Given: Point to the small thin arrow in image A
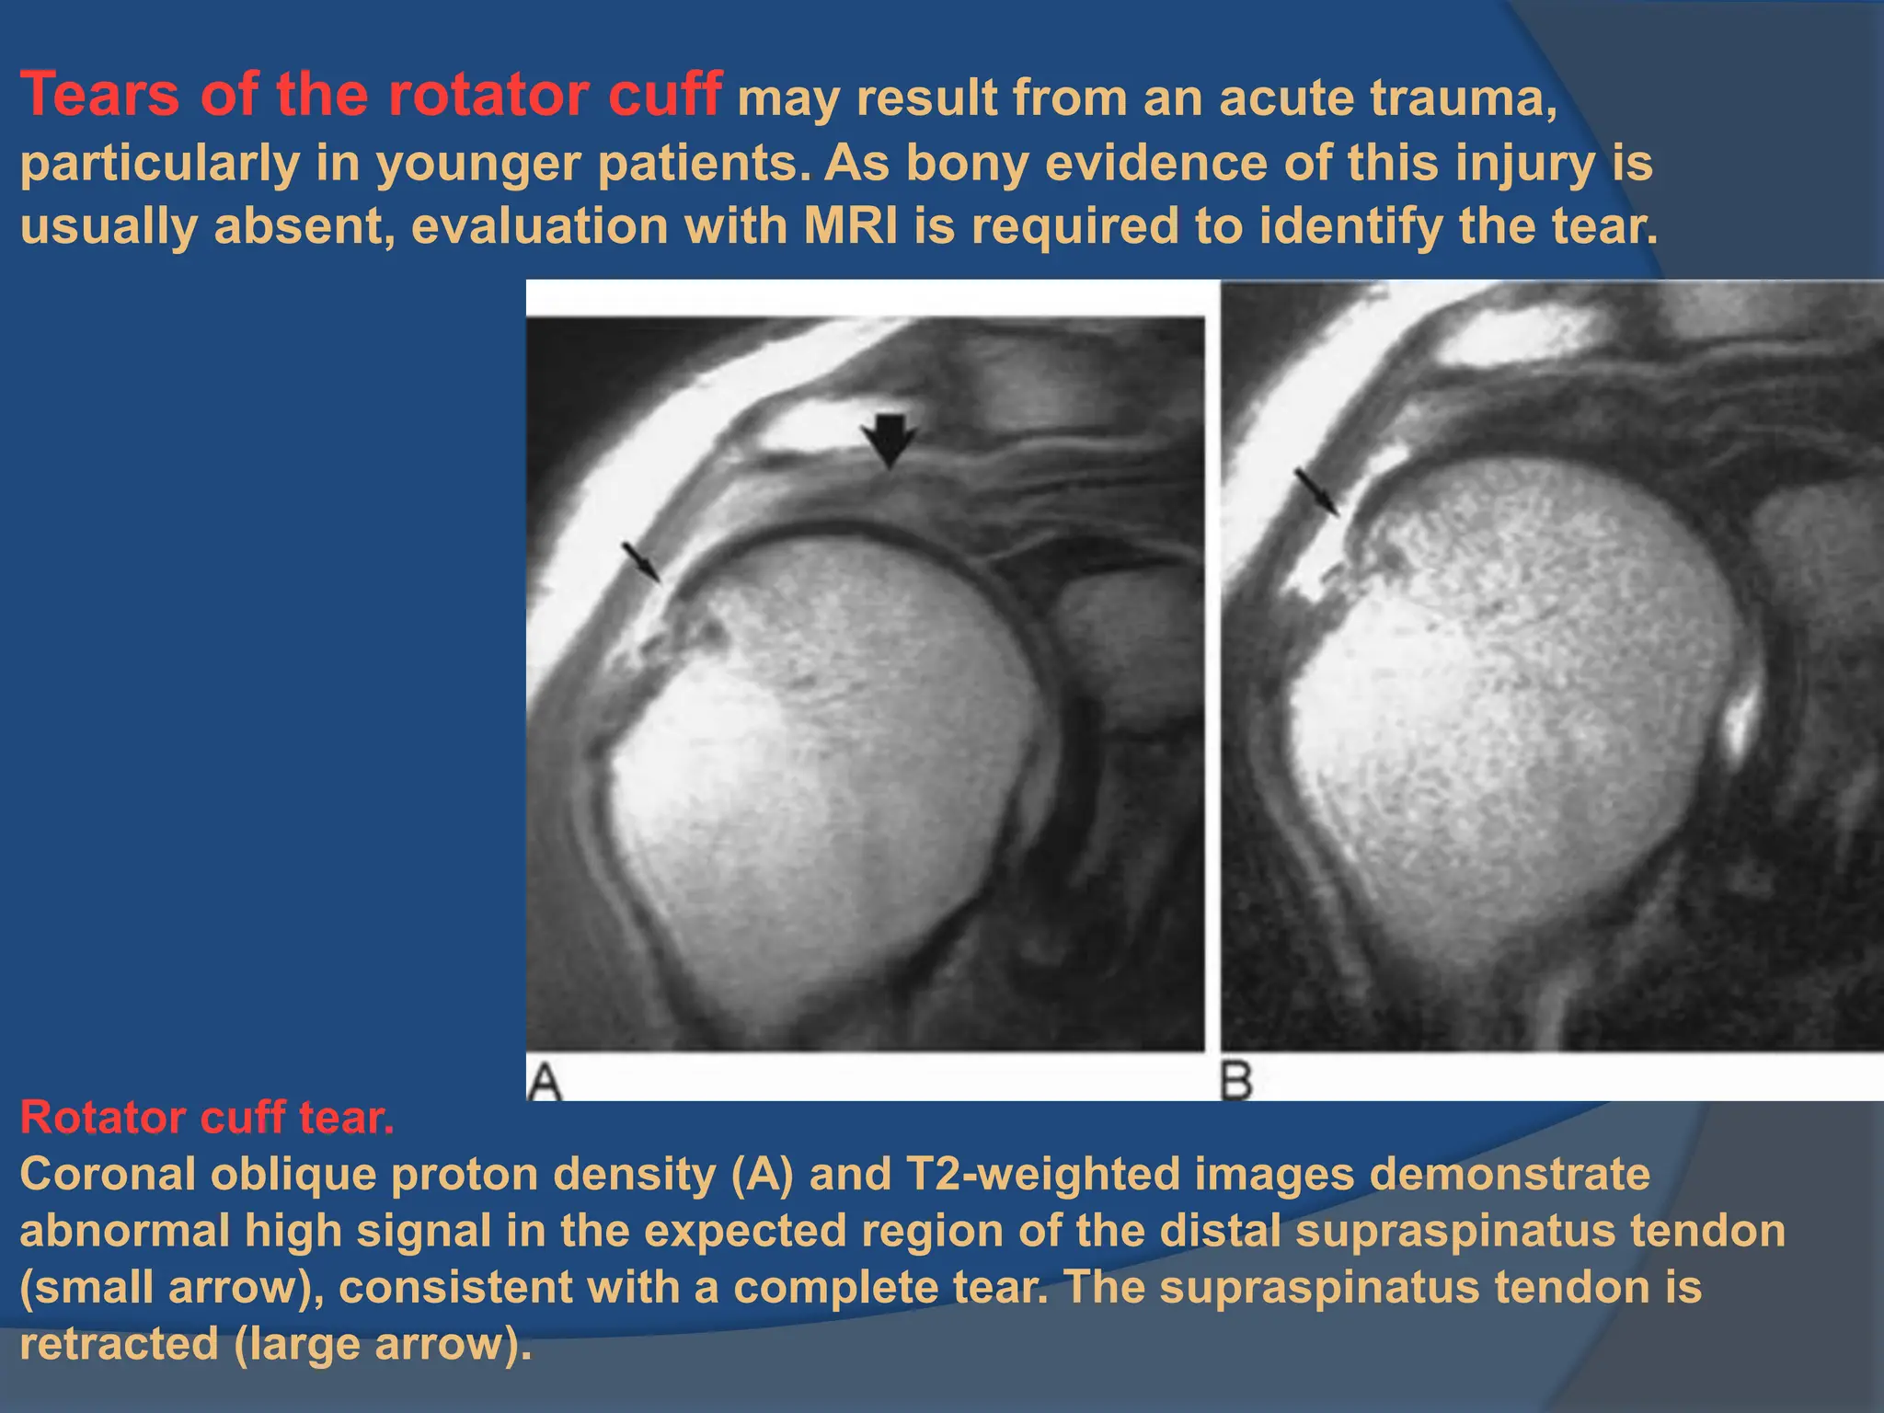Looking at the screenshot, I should click(x=641, y=561).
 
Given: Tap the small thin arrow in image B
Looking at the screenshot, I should click(x=1316, y=491).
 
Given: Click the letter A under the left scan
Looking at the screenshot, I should click(x=545, y=1082).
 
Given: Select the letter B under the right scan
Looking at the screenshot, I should click(x=1237, y=1082).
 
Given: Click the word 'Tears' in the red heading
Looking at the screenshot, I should click(x=100, y=95).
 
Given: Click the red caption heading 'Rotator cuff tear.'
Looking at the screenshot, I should click(x=207, y=1119).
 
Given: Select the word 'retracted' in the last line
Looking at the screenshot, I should click(x=119, y=1344).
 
